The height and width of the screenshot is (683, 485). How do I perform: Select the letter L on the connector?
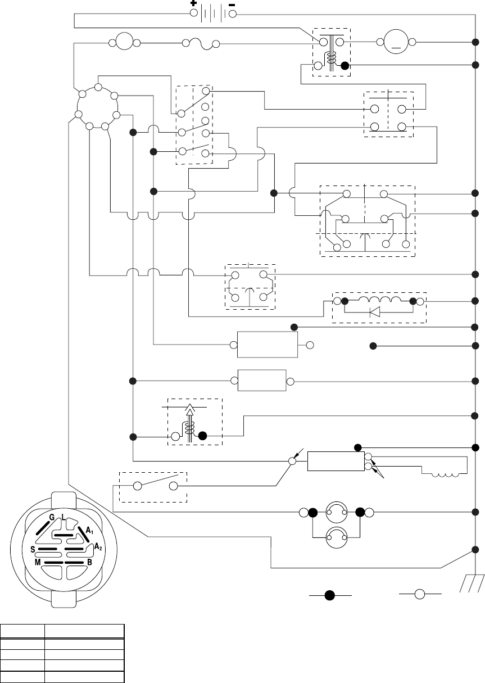(x=63, y=517)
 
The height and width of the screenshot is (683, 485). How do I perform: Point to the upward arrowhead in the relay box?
(x=189, y=410)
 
